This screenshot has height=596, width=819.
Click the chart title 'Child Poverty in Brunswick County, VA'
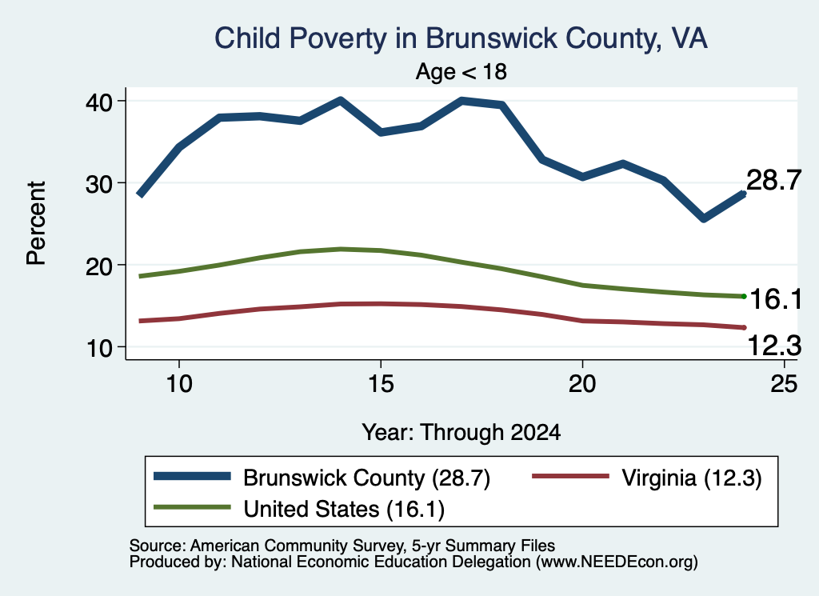(x=461, y=39)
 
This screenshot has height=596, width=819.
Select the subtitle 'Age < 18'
(x=461, y=71)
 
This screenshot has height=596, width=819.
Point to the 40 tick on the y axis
(x=98, y=102)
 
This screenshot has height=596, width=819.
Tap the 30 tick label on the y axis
(x=98, y=183)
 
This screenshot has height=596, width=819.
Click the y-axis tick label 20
(x=98, y=266)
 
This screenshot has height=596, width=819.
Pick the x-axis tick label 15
(x=381, y=384)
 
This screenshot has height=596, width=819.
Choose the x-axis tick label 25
(x=784, y=384)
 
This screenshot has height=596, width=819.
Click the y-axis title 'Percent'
(x=36, y=223)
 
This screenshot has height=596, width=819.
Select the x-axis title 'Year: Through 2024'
(x=461, y=433)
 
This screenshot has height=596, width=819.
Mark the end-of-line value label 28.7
(x=774, y=180)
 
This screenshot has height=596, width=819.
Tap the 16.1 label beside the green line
(x=776, y=299)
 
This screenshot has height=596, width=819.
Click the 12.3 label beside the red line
(x=774, y=346)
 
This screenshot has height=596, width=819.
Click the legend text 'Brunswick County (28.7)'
(x=366, y=478)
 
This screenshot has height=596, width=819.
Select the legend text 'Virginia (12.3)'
(x=692, y=478)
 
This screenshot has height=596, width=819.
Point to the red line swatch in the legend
(x=570, y=476)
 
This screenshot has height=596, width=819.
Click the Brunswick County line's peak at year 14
(x=341, y=100)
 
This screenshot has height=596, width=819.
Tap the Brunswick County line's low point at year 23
(x=704, y=218)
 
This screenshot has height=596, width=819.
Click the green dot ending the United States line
(x=744, y=296)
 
